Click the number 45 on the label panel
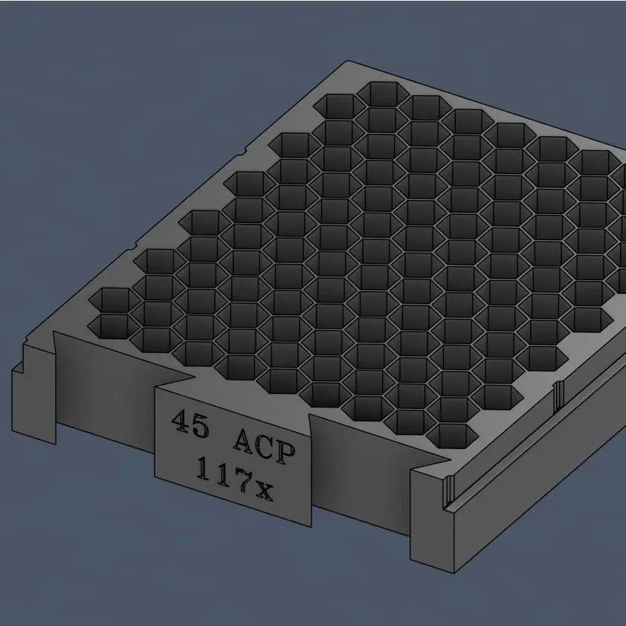[x=190, y=423]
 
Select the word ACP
[x=265, y=446]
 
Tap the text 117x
[x=235, y=479]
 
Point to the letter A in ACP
[x=245, y=441]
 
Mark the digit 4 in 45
[x=181, y=420]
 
